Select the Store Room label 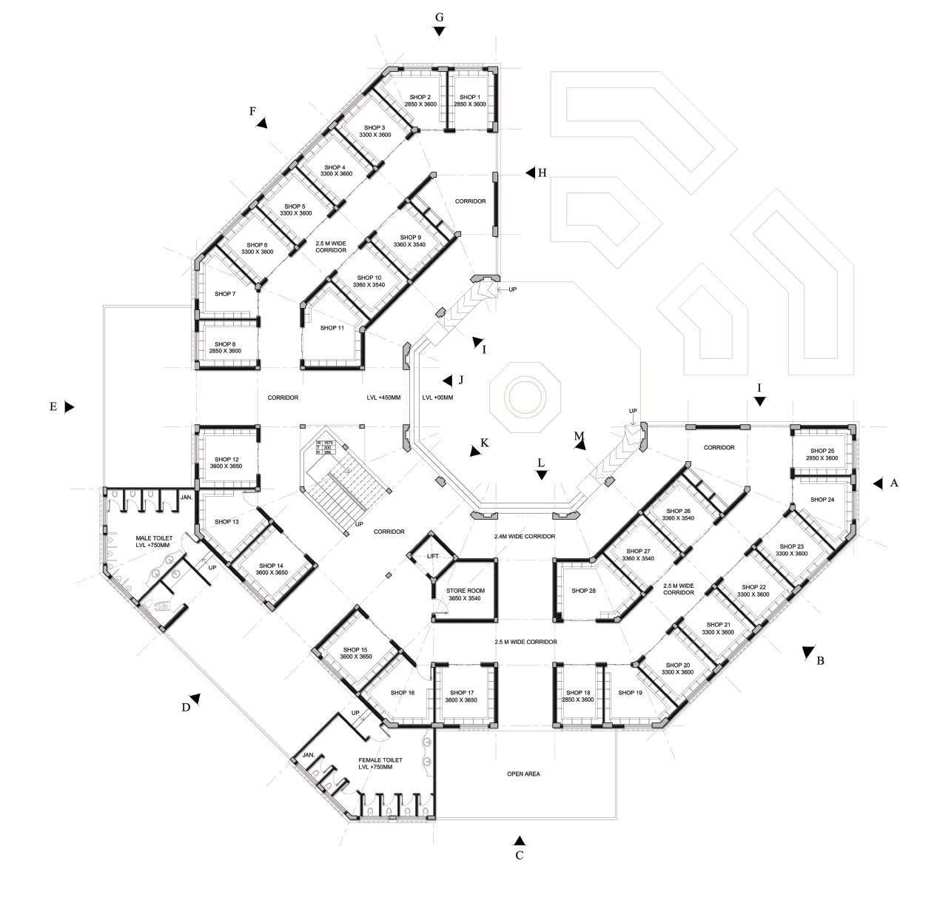(464, 594)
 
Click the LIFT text (433, 556)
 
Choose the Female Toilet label (380, 763)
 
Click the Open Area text (523, 774)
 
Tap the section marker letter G (439, 17)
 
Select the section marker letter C (520, 856)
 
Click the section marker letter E (53, 406)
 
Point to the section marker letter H (543, 173)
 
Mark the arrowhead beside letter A (878, 483)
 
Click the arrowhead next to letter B (807, 652)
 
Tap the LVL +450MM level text (383, 398)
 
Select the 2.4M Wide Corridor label (525, 536)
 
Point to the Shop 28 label (583, 591)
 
